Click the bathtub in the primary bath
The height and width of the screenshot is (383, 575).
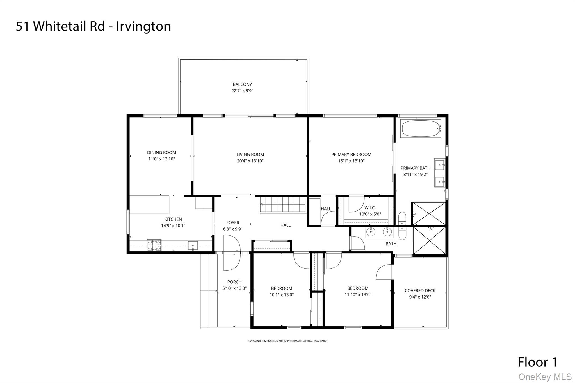tap(420, 129)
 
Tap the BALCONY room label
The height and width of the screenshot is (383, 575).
tap(242, 84)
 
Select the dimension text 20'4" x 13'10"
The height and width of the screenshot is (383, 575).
tap(250, 161)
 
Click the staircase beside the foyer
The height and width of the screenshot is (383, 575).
tap(283, 205)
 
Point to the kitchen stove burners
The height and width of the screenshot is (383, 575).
tap(154, 245)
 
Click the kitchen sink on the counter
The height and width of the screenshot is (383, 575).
tap(193, 246)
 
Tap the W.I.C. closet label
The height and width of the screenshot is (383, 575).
tap(370, 208)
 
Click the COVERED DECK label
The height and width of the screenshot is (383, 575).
tap(420, 291)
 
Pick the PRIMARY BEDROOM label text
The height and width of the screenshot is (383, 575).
tap(351, 155)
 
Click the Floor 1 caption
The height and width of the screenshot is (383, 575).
tap(537, 362)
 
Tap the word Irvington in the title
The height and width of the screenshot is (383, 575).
tap(143, 26)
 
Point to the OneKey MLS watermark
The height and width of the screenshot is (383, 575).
tap(545, 377)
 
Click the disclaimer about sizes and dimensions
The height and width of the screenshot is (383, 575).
tap(287, 341)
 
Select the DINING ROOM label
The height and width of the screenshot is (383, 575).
tap(161, 153)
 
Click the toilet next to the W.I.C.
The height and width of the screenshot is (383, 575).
tap(402, 226)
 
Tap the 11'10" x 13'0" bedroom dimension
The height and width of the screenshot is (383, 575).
tap(358, 295)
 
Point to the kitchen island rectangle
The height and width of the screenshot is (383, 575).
tap(149, 205)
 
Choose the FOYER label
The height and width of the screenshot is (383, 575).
tap(233, 223)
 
